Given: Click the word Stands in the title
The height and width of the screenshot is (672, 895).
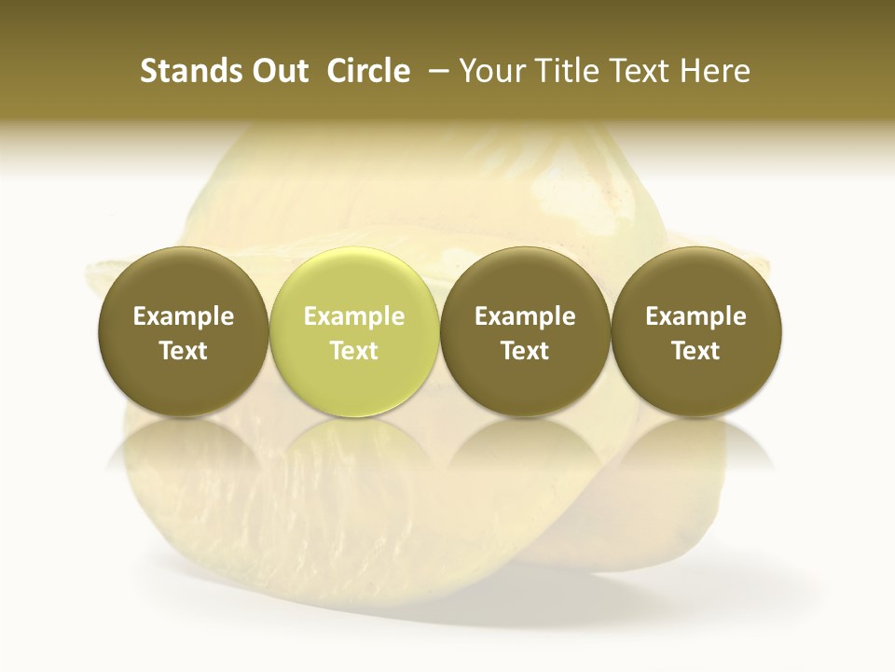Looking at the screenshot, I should pyautogui.click(x=186, y=71).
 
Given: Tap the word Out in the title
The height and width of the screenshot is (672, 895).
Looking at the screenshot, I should pyautogui.click(x=277, y=71).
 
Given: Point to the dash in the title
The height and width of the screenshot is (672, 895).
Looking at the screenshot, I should pyautogui.click(x=435, y=71).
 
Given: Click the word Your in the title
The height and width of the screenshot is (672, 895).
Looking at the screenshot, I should pyautogui.click(x=489, y=71).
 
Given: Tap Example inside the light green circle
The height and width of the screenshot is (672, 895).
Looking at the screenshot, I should pyautogui.click(x=354, y=316).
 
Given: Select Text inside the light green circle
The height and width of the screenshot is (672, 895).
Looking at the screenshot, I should pyautogui.click(x=354, y=351).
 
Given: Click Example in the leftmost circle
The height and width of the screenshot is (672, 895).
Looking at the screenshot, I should pyautogui.click(x=183, y=316).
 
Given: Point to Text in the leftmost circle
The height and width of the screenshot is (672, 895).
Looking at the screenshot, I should pyautogui.click(x=183, y=351).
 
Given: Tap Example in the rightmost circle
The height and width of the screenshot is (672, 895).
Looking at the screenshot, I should pyautogui.click(x=696, y=316).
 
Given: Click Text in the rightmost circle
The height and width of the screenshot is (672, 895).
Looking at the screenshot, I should pyautogui.click(x=696, y=351).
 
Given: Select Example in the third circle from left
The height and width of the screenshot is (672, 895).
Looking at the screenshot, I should pyautogui.click(x=525, y=316).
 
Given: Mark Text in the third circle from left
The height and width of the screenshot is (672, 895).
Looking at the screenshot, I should pyautogui.click(x=525, y=351).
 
